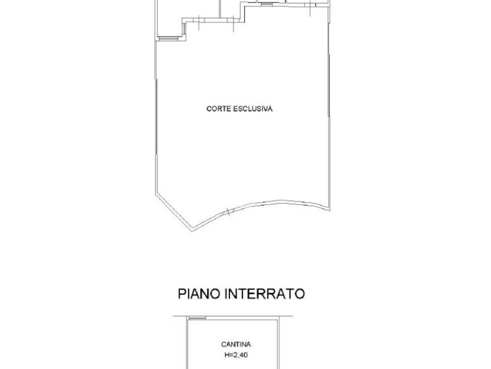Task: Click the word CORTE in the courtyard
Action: click(219, 109)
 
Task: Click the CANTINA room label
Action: click(236, 344)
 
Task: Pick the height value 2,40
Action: click(241, 356)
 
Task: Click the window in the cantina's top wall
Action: click(197, 318)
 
